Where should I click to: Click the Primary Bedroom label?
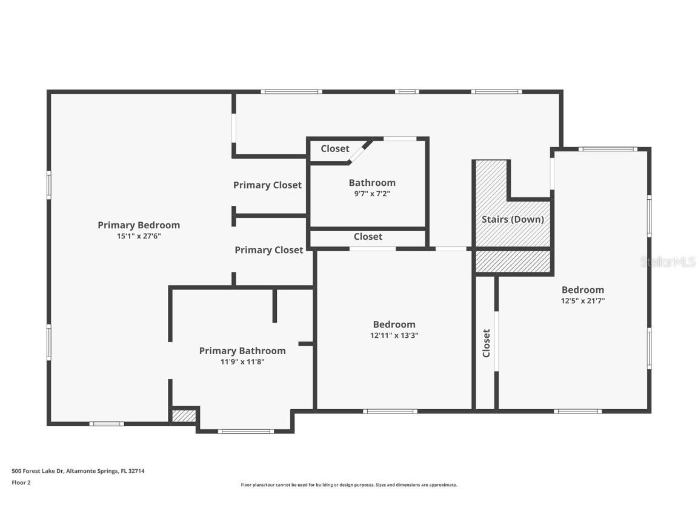[139, 225]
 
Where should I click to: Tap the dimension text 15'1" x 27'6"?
[139, 236]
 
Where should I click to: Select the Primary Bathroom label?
[242, 351]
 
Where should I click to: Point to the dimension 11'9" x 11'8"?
[242, 362]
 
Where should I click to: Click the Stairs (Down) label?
[513, 219]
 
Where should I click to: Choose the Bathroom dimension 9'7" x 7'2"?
[372, 194]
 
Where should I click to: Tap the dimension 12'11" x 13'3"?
[394, 335]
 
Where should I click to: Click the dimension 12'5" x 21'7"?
[583, 301]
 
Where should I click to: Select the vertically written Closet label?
[486, 343]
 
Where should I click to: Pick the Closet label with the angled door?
[335, 148]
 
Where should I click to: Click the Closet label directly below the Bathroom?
[368, 237]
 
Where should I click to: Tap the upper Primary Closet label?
[268, 185]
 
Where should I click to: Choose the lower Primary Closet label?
[269, 250]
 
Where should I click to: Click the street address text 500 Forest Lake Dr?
[38, 471]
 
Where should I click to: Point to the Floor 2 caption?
[21, 482]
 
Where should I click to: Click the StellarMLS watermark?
[668, 262]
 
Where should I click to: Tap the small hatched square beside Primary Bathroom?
[184, 416]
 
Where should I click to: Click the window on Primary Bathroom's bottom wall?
[245, 432]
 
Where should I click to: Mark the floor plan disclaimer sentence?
[349, 485]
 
